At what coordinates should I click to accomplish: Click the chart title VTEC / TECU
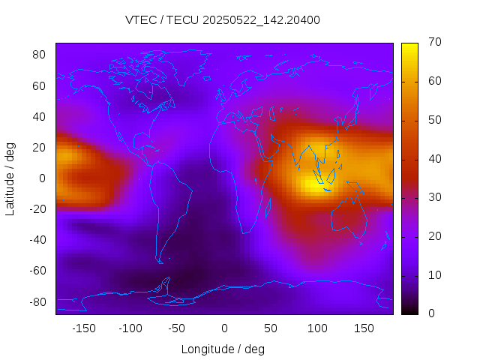223,20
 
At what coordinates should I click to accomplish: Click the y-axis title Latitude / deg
10,178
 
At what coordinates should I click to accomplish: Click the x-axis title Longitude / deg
223,349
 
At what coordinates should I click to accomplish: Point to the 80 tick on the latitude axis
40,55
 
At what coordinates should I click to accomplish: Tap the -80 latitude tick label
37,301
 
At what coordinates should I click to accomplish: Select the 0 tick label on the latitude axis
43,178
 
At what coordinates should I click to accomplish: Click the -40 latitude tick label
37,240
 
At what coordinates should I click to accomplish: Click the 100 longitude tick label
317,328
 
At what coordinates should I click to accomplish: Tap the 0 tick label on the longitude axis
223,328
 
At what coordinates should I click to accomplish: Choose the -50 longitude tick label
177,328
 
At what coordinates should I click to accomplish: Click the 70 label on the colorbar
433,43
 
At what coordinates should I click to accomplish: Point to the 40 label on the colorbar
433,159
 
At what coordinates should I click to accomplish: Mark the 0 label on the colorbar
429,313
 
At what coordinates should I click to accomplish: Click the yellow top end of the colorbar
409,46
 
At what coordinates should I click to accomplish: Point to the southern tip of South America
160,262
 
